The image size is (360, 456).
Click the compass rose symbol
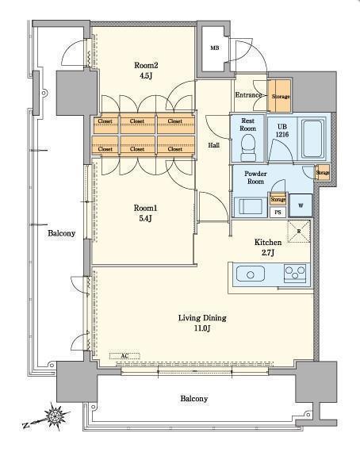(56, 416)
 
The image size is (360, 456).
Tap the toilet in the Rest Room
(248, 148)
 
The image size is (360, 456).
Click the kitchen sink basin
(250, 274)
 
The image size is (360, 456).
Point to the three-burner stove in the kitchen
(295, 274)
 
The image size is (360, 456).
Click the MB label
(215, 48)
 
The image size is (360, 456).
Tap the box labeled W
(301, 205)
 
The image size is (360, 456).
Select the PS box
(278, 213)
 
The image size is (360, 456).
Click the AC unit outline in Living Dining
(124, 356)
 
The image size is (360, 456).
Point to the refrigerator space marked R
(299, 232)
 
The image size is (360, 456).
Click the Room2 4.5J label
(146, 71)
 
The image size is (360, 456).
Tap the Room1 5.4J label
(145, 213)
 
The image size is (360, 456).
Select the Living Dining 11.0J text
(202, 323)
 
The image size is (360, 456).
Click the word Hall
(214, 145)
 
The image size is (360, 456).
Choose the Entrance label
(248, 95)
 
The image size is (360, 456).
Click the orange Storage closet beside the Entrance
(279, 96)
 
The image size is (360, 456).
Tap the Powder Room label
(255, 178)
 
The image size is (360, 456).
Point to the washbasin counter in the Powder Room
(250, 207)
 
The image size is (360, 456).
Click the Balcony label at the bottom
(194, 398)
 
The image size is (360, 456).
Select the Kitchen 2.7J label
(268, 247)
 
